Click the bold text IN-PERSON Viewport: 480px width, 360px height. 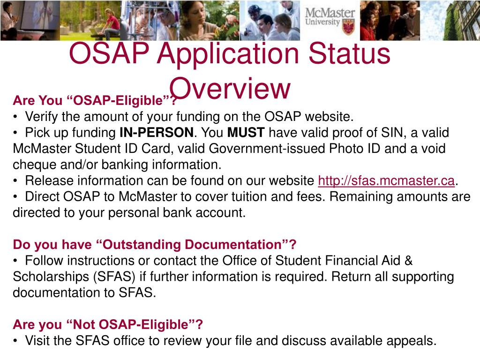pos(156,133)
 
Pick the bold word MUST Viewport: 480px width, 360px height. pos(246,133)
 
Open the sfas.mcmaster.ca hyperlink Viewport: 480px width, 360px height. pos(386,180)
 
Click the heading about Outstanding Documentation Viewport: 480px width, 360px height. pos(155,244)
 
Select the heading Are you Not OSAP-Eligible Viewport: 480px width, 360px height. pos(108,324)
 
